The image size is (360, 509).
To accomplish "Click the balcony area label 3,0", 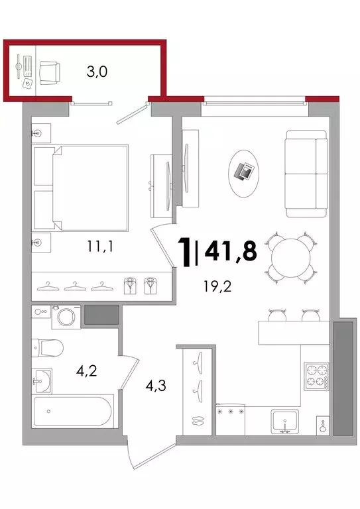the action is tap(97, 72).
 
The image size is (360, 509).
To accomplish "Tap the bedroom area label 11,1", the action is tap(100, 247).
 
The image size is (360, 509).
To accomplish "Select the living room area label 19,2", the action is tap(217, 286).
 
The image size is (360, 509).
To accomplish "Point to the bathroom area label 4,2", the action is tap(87, 370).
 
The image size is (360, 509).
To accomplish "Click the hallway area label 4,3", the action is tap(156, 385).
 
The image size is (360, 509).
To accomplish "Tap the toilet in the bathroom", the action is tap(47, 348).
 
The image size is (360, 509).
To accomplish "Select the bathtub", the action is tap(73, 411).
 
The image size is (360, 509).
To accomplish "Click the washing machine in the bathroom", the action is tap(66, 317).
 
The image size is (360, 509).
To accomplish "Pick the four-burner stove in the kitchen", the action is tap(316, 376).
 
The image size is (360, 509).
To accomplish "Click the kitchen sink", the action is tap(285, 422).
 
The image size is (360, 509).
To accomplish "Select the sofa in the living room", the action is tap(306, 174).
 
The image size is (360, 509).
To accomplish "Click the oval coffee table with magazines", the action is tap(244, 173).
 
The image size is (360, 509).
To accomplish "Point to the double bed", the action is tap(80, 188).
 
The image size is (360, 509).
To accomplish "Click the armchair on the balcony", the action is tap(50, 73).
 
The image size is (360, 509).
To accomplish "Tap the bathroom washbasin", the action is tap(42, 381).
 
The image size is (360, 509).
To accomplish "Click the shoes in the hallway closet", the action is tap(197, 420).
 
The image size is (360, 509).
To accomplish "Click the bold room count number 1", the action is tap(186, 253).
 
